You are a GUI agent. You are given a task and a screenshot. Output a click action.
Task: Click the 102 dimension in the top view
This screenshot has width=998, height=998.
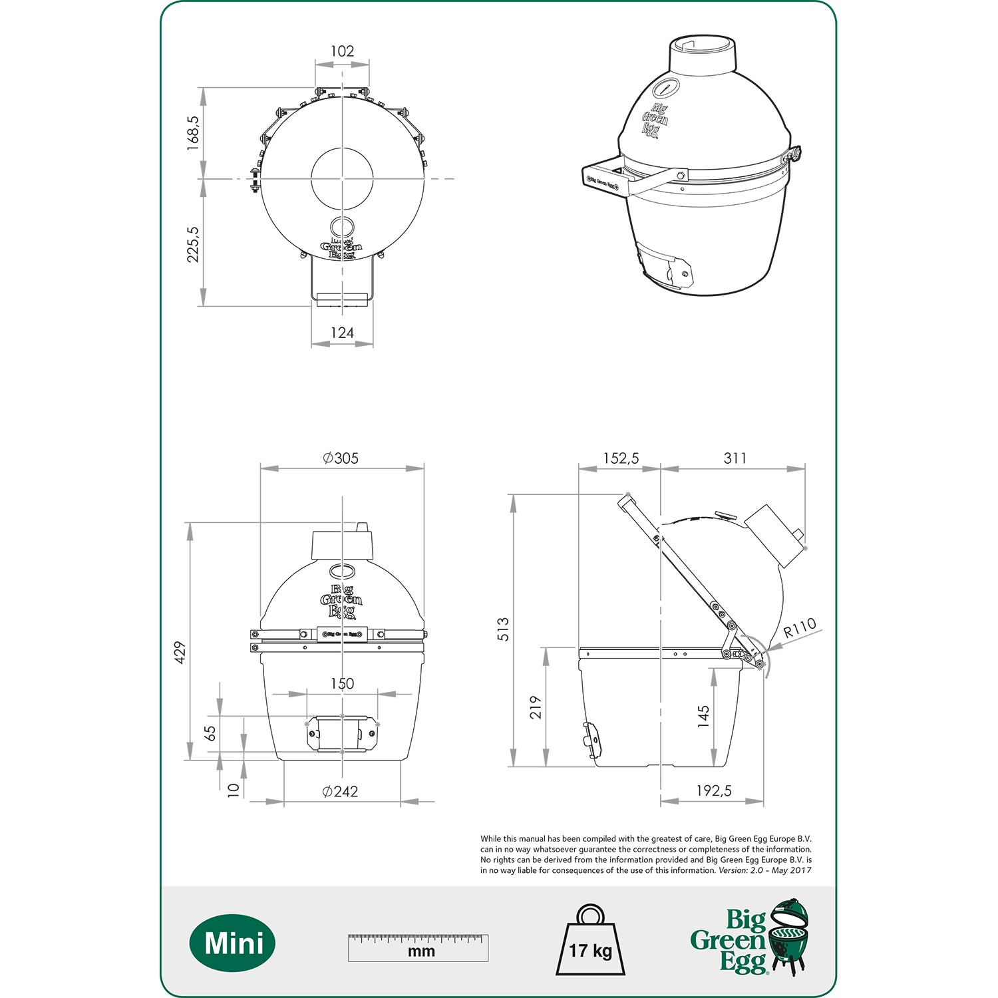coord(342,51)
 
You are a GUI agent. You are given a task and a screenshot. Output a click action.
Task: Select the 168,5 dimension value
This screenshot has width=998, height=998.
coord(193,133)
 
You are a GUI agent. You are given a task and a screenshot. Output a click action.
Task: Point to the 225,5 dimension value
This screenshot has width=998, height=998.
coord(193,244)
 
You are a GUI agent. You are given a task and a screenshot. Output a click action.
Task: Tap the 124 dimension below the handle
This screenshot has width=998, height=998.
coord(342,333)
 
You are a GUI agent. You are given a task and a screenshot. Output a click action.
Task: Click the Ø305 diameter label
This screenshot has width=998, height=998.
coord(341,458)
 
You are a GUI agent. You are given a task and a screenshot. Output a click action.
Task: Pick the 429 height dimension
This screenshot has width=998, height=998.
coord(180,653)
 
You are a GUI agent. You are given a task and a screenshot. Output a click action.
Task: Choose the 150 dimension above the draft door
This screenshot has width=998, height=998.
coord(342,683)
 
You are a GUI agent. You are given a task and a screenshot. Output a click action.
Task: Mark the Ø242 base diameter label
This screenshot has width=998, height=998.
coord(340,791)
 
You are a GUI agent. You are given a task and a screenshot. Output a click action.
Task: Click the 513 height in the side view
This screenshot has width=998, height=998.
coord(504,629)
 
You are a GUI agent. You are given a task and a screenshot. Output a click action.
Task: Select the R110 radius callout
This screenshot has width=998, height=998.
coord(799,627)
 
